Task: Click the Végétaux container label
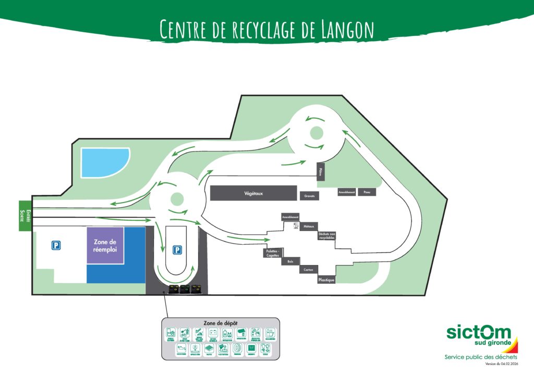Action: click(253, 193)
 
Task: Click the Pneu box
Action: click(367, 192)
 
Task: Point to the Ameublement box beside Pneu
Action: click(347, 192)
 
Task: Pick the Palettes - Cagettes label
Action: click(272, 253)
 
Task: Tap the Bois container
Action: click(289, 261)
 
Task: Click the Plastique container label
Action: click(326, 280)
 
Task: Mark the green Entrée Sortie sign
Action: click(25, 216)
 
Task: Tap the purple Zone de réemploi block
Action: click(105, 245)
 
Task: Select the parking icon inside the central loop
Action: click(178, 250)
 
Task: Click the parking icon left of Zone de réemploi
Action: click(55, 245)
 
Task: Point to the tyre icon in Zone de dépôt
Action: click(237, 348)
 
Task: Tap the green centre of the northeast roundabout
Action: click(317, 132)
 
